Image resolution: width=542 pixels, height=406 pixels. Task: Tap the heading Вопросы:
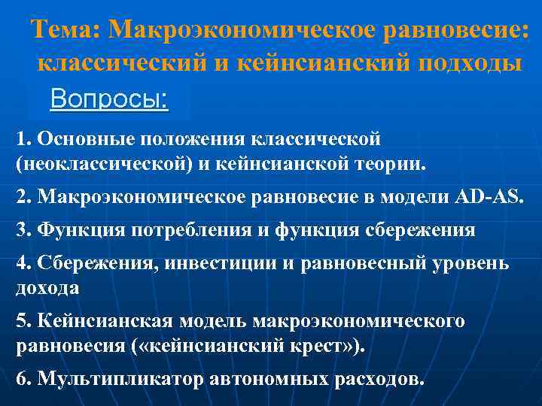pos(109,98)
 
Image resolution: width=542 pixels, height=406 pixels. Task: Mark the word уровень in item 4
pos(471,265)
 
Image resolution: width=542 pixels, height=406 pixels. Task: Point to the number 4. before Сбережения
pos(23,265)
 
